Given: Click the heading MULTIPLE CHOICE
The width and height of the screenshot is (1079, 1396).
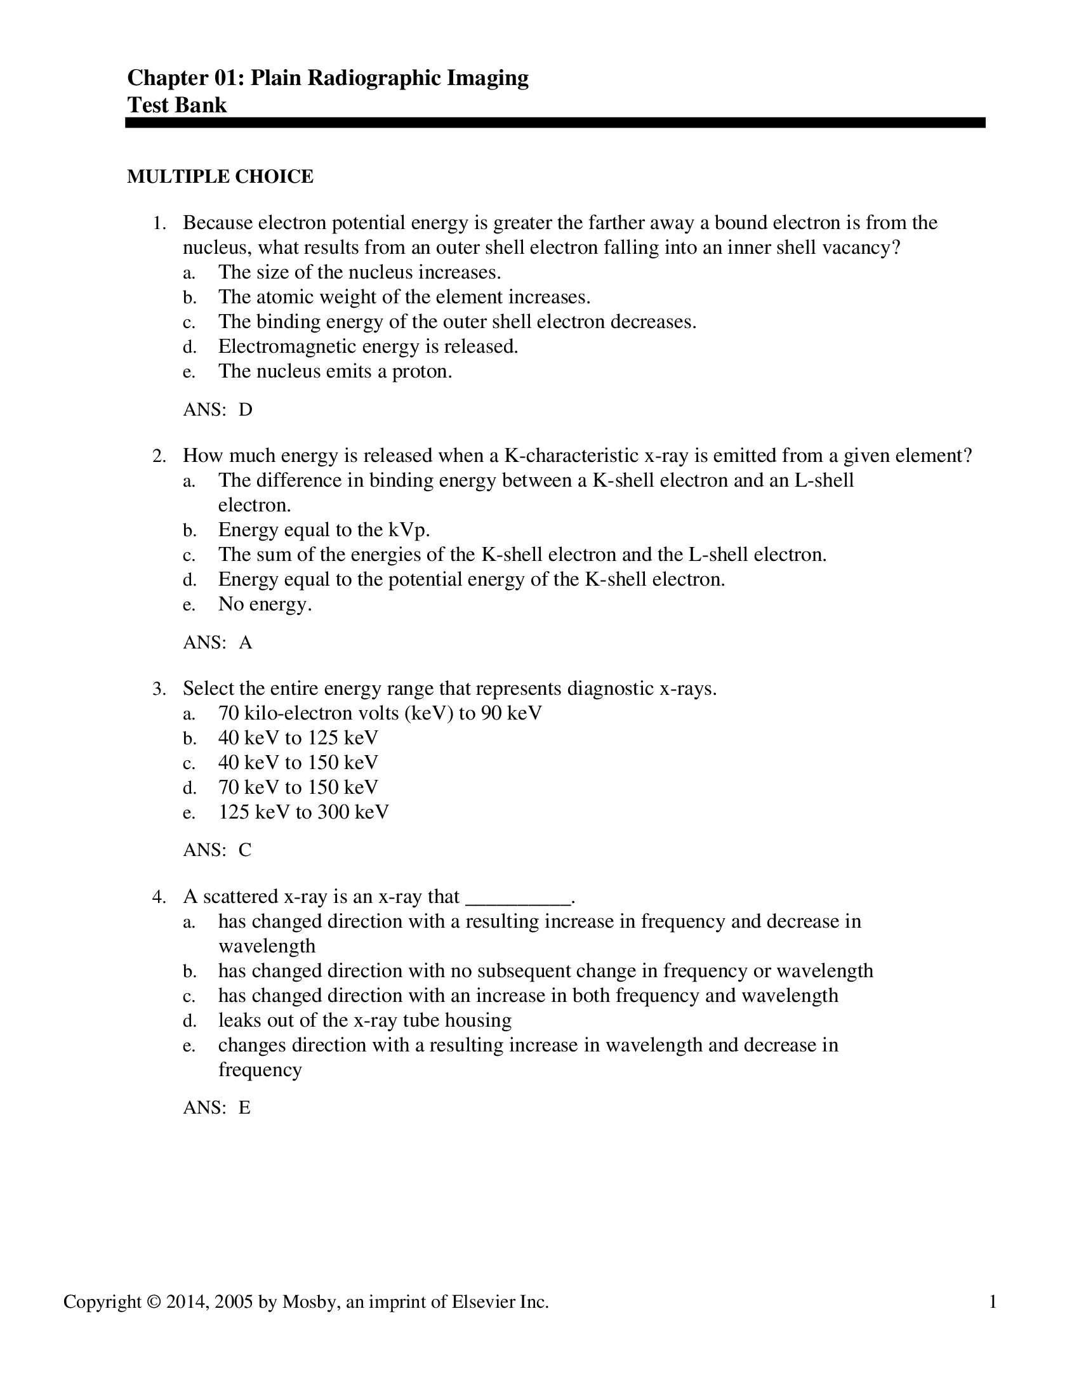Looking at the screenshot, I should pyautogui.click(x=220, y=176).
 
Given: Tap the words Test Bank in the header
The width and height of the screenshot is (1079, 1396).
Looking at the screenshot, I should pyautogui.click(x=176, y=105).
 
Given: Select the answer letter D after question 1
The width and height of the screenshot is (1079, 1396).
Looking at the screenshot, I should pyautogui.click(x=246, y=410).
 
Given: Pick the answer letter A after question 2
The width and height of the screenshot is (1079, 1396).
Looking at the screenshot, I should pyautogui.click(x=246, y=642).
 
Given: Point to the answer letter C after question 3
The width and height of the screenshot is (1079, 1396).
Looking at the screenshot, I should pyautogui.click(x=245, y=850).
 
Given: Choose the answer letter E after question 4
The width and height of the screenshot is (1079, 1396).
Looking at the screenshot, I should pyautogui.click(x=245, y=1108).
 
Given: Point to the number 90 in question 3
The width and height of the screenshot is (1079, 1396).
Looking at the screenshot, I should pyautogui.click(x=491, y=713).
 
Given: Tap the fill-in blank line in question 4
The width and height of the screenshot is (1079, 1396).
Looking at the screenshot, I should pyautogui.click(x=519, y=897).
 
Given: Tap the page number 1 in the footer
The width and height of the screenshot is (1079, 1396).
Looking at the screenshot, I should pyautogui.click(x=993, y=1302).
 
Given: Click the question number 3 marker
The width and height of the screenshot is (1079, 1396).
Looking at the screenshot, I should pyautogui.click(x=159, y=689).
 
